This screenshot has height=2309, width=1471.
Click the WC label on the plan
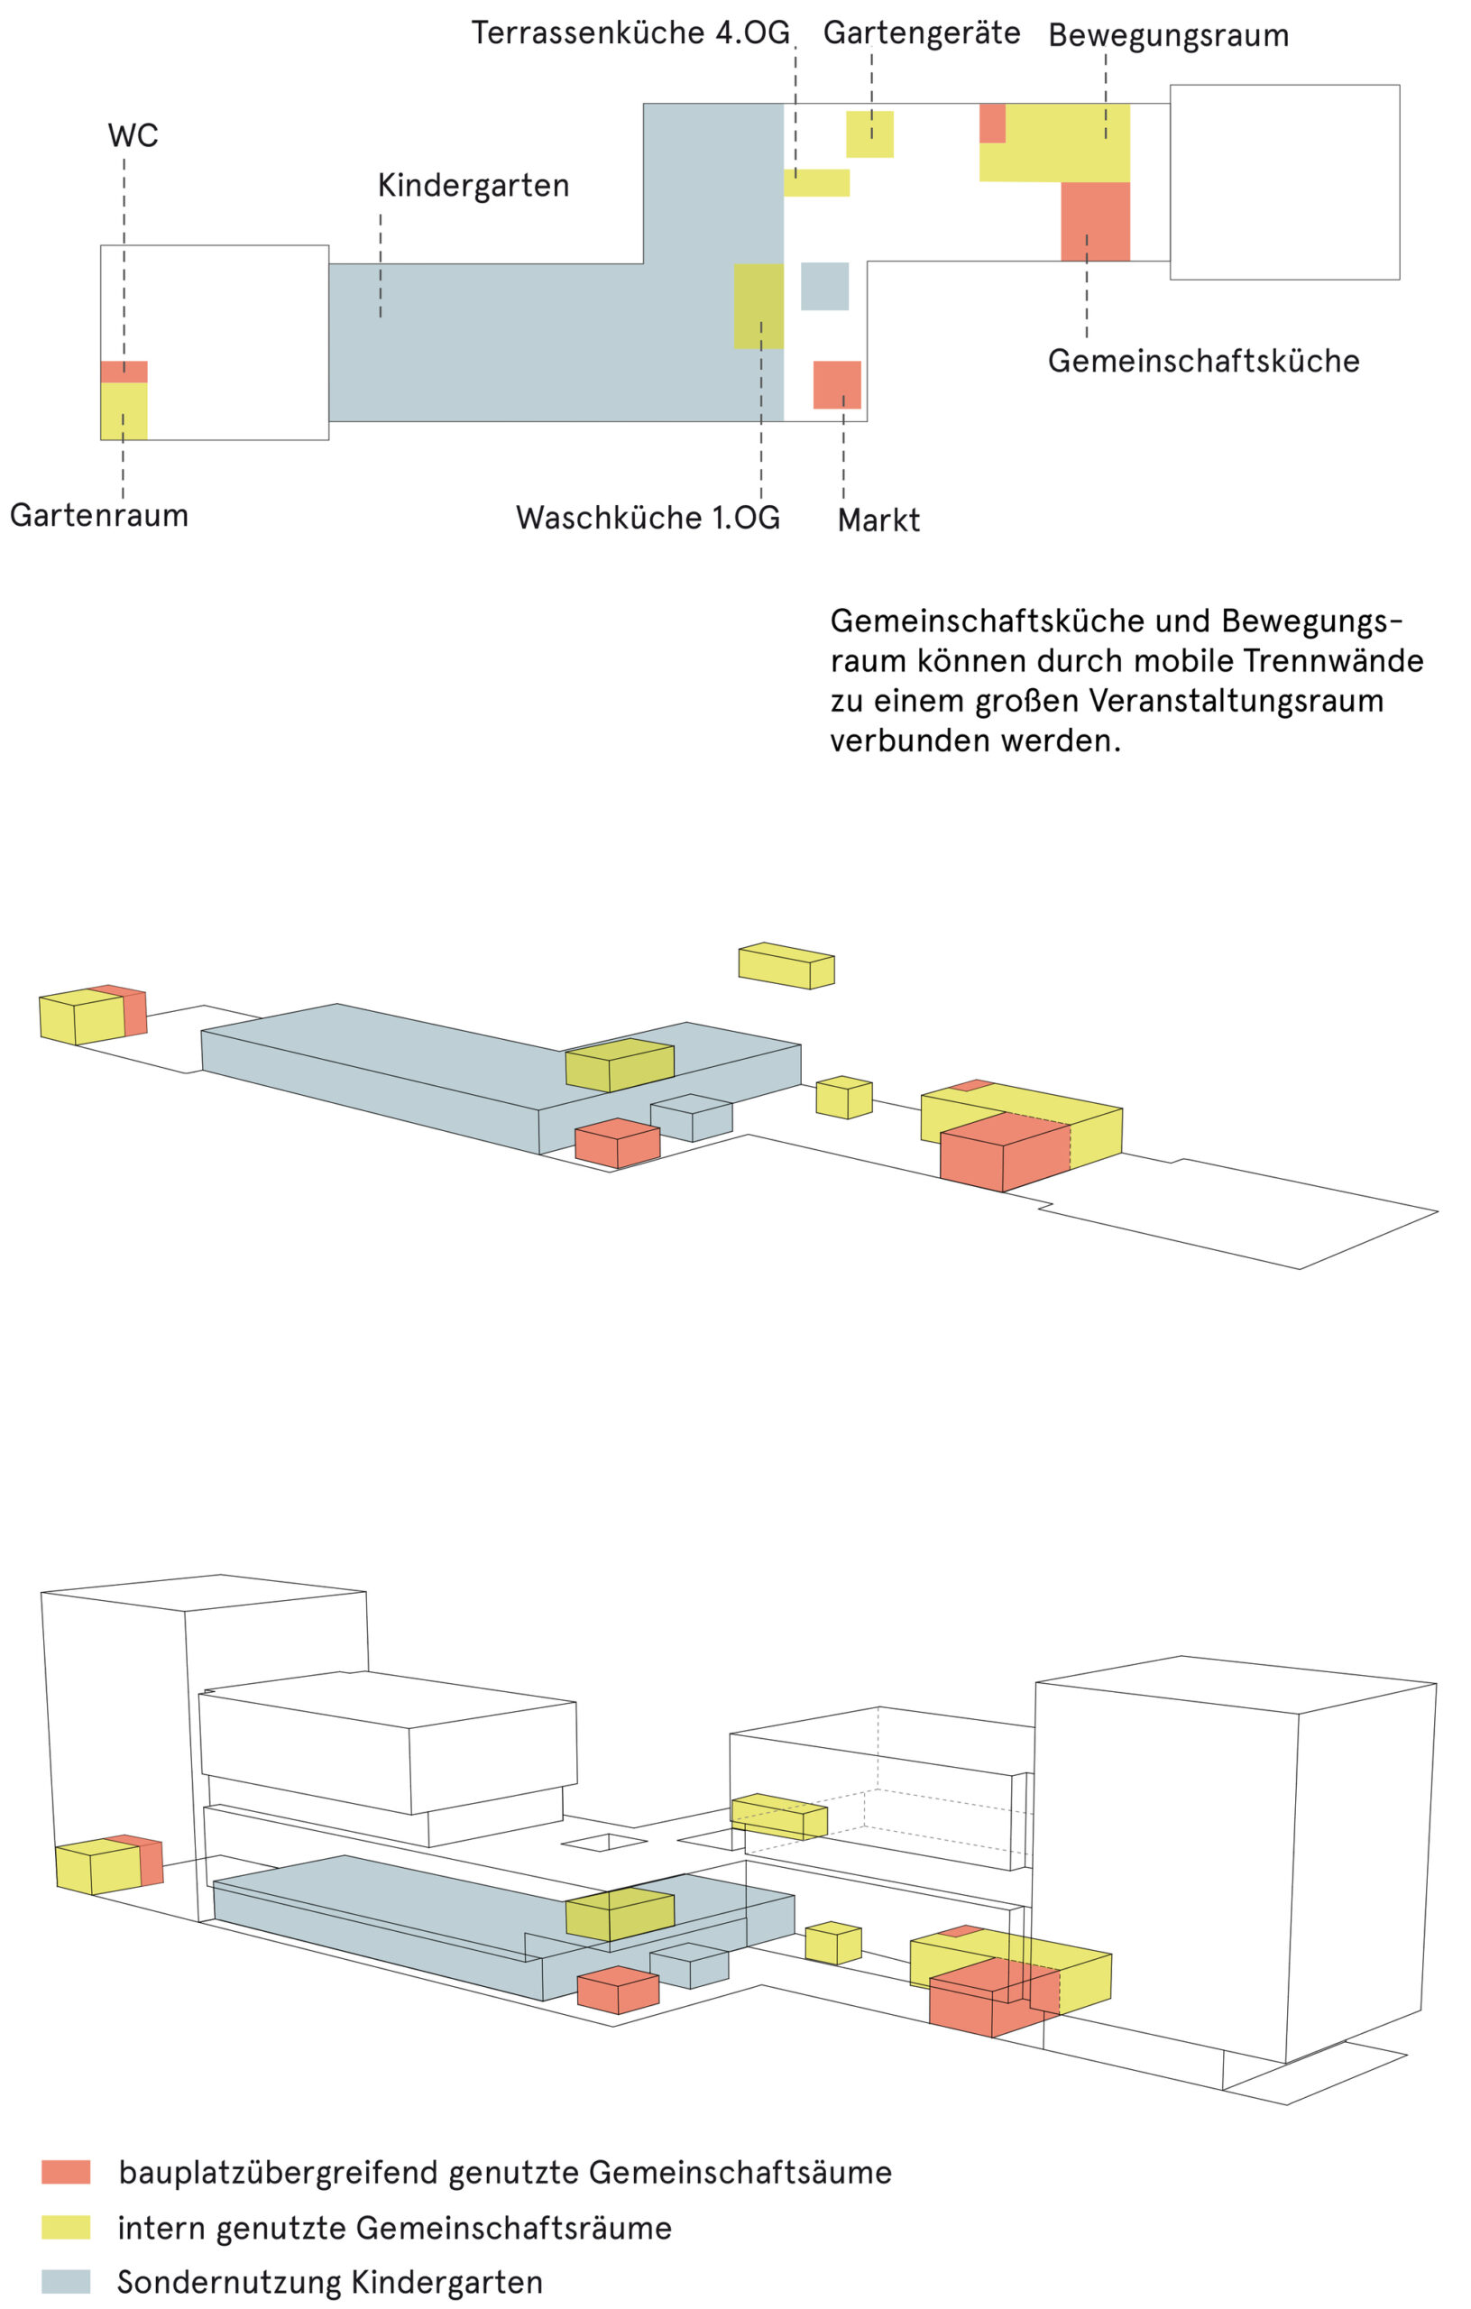(x=133, y=135)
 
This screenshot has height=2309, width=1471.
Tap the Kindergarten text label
(x=473, y=185)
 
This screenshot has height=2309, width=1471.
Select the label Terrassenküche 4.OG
(x=630, y=32)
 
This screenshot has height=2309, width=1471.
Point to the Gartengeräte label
(x=921, y=32)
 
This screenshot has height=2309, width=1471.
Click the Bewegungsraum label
(x=1167, y=35)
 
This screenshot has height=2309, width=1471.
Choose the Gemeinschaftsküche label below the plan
(x=1202, y=361)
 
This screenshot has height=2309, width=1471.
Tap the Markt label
(x=878, y=520)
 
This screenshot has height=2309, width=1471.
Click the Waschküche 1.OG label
(x=648, y=517)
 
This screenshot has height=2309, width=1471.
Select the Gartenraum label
(x=99, y=515)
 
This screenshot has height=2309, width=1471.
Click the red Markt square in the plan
(x=836, y=384)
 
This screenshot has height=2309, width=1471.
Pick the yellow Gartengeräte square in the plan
(x=869, y=134)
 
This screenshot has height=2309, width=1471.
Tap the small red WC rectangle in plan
(x=124, y=371)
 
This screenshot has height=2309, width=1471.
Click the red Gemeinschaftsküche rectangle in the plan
(x=1094, y=222)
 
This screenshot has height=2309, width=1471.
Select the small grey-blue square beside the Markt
(x=823, y=286)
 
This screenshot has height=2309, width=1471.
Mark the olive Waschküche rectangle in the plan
(x=758, y=306)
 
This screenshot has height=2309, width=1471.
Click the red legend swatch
(x=65, y=2172)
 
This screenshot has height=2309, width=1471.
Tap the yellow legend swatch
(x=65, y=2227)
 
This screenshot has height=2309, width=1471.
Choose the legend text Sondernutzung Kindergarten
(x=330, y=2281)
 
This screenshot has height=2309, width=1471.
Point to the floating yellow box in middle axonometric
(x=786, y=966)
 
